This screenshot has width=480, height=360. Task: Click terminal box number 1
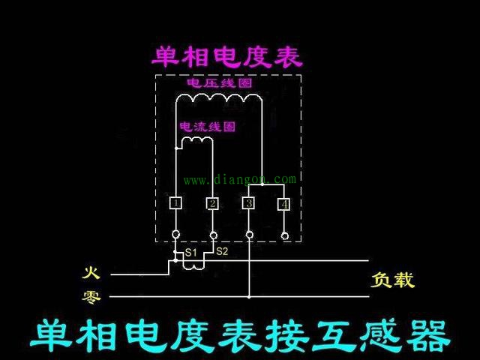tap(175, 203)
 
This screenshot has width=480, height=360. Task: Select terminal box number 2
tap(212, 203)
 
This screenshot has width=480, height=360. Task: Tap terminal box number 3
tap(249, 203)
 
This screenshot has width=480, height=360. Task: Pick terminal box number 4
tap(284, 204)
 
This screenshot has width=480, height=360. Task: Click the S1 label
tap(191, 253)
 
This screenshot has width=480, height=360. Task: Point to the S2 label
tap(222, 251)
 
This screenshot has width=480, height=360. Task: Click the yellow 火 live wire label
tap(91, 273)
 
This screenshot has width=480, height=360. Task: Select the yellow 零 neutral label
tap(91, 296)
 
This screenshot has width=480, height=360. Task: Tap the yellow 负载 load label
tap(393, 280)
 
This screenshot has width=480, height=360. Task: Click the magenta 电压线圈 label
tap(220, 83)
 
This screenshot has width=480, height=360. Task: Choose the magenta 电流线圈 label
tap(208, 127)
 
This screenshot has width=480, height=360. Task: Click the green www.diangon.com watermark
tap(240, 179)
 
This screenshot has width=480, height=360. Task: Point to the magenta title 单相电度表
tap(226, 57)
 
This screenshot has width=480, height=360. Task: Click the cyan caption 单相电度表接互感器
tap(240, 335)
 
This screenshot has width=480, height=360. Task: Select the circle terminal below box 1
tap(175, 235)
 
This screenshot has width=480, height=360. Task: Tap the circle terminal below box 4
tap(285, 235)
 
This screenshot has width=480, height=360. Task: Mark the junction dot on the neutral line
tap(249, 297)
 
